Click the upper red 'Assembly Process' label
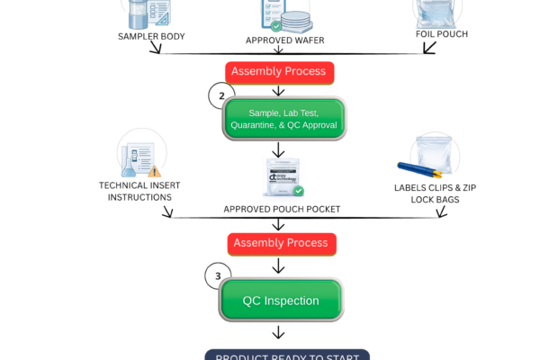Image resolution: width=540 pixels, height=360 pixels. [x=278, y=71]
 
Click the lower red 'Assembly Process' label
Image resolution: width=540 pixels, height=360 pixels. [x=281, y=243]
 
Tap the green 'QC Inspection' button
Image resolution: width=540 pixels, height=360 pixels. [x=281, y=301]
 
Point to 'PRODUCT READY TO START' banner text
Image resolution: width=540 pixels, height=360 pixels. [x=287, y=355]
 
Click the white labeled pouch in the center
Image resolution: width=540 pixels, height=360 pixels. [x=283, y=175]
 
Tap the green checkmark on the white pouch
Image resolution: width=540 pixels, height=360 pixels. [x=299, y=191]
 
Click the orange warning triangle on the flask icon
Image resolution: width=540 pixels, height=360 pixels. [x=155, y=171]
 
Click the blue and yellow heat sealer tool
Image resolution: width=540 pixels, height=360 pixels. [x=419, y=173]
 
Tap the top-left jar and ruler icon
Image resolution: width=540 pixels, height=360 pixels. [x=148, y=13]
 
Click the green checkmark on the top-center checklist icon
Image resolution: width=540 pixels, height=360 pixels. [x=275, y=26]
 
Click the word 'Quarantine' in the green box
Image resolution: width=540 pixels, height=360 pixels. [x=256, y=125]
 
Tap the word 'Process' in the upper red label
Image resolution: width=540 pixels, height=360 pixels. [x=304, y=71]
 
